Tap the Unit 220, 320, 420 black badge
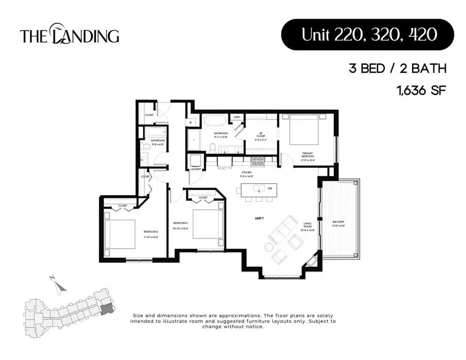[x=367, y=35]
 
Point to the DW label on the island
[x=270, y=188]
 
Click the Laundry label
[x=196, y=169]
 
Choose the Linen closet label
[x=237, y=117]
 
